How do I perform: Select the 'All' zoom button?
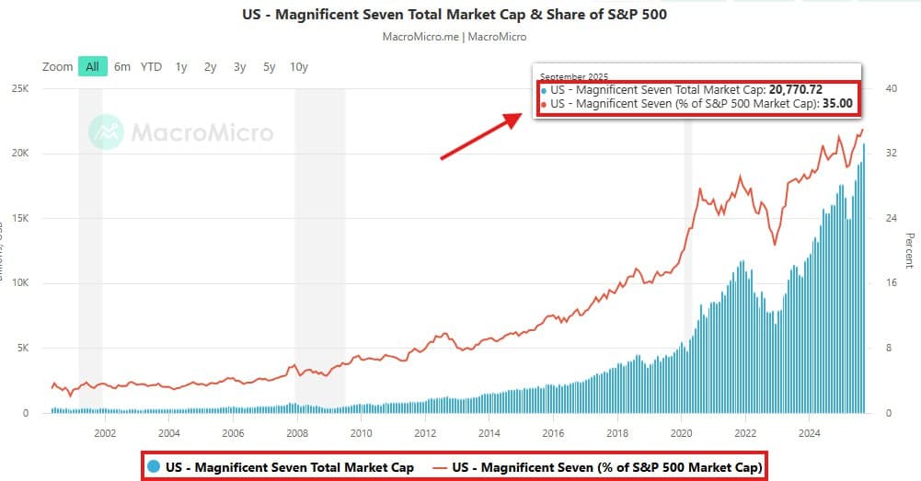coord(92,67)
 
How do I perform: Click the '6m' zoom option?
coord(122,67)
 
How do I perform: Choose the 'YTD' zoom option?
coord(151,67)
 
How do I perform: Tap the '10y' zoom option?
coord(299,67)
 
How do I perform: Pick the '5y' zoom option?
coord(269,67)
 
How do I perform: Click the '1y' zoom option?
coord(181,67)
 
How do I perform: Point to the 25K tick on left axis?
coord(20,89)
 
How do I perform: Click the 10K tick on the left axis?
coord(20,284)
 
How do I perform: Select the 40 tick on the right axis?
coord(891,89)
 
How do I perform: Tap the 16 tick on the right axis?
coord(890,284)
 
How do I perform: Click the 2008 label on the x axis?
coord(297,433)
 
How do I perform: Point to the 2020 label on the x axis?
coord(682,433)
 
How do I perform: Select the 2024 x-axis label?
coord(810,433)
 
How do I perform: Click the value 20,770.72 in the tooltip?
coord(795,90)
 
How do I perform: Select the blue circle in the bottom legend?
coord(154,466)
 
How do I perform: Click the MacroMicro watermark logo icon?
coord(107,132)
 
